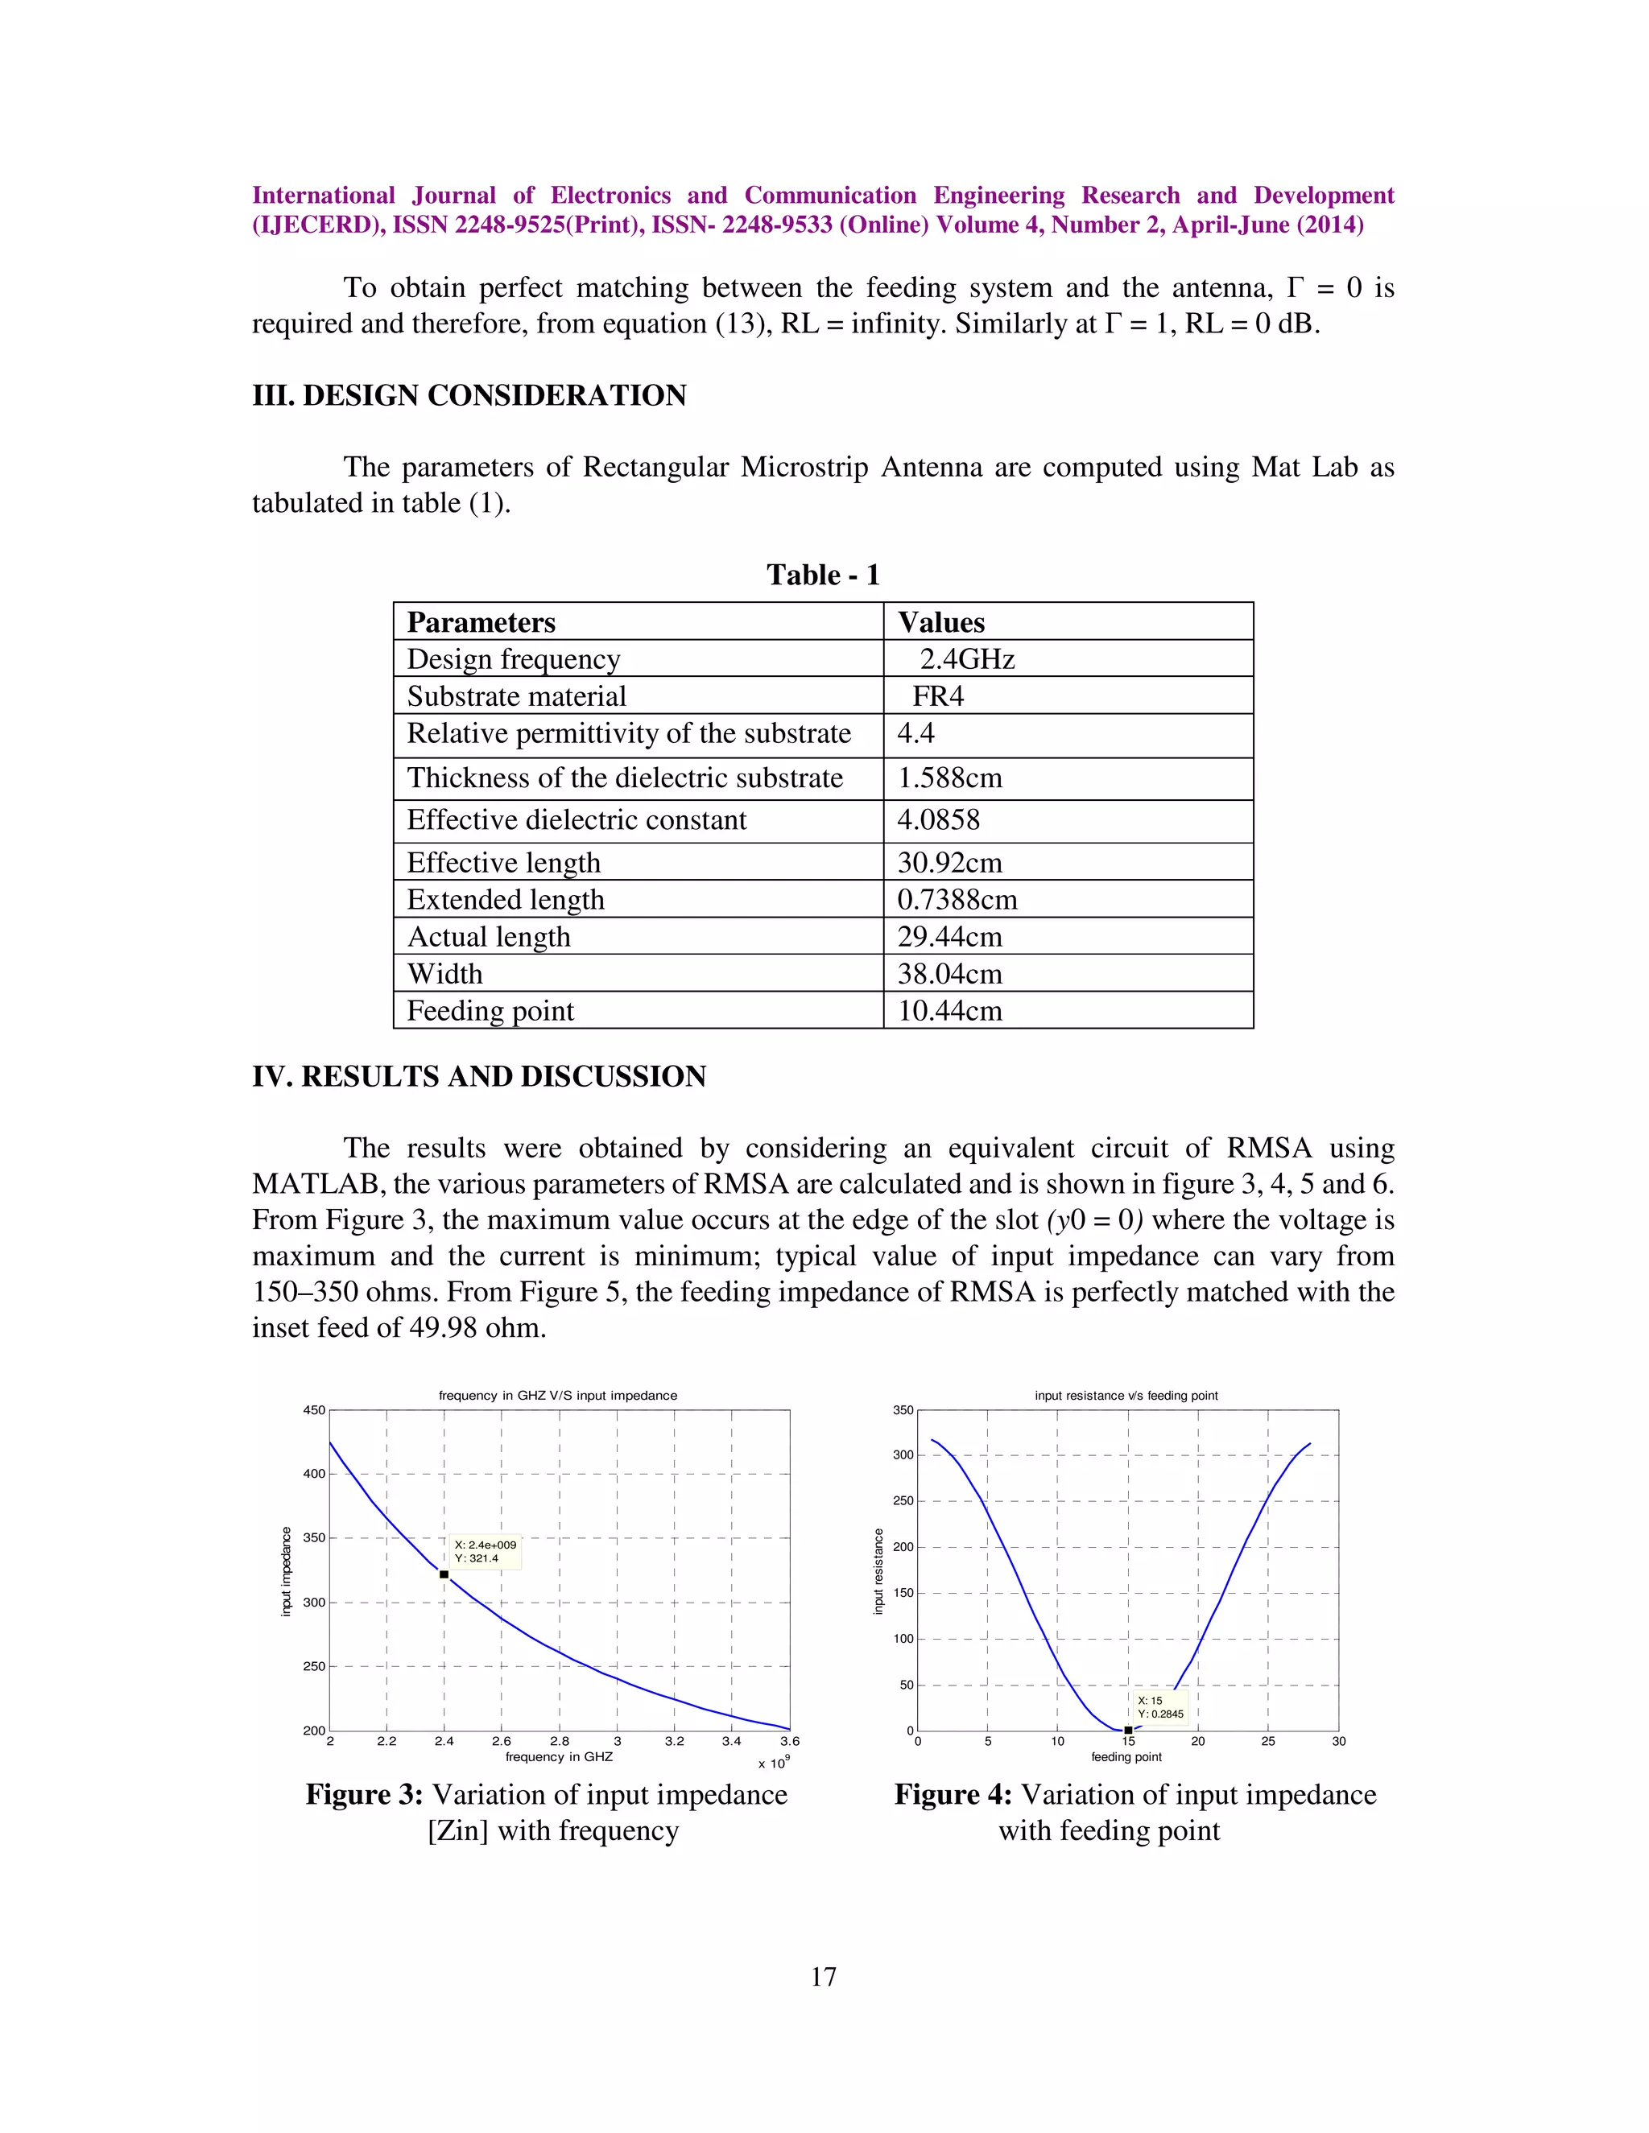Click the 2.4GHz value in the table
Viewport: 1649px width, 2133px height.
tap(966, 659)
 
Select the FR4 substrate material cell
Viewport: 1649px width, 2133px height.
tap(938, 696)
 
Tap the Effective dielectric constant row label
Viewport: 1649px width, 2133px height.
tap(577, 820)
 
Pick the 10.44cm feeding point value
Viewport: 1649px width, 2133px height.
tap(949, 1011)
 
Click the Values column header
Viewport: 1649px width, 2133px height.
tap(940, 622)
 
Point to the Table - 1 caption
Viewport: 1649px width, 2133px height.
tap(823, 574)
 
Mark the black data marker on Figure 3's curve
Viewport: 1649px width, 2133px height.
tap(444, 1574)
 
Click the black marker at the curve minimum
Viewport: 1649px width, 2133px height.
tap(1127, 1730)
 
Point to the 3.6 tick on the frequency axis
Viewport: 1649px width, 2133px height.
tap(789, 1740)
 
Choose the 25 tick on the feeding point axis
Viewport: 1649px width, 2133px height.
tap(1268, 1740)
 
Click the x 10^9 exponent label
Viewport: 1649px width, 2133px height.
tap(774, 1762)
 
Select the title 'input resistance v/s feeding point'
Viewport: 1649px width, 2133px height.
tap(1126, 1396)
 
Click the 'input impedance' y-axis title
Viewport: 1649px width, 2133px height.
tap(286, 1571)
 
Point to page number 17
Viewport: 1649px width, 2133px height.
tap(824, 1977)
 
